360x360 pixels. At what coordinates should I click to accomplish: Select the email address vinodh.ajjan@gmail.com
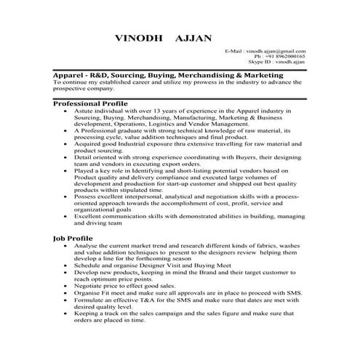pos(275,52)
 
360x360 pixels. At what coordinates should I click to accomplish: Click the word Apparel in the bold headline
pos(71,75)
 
